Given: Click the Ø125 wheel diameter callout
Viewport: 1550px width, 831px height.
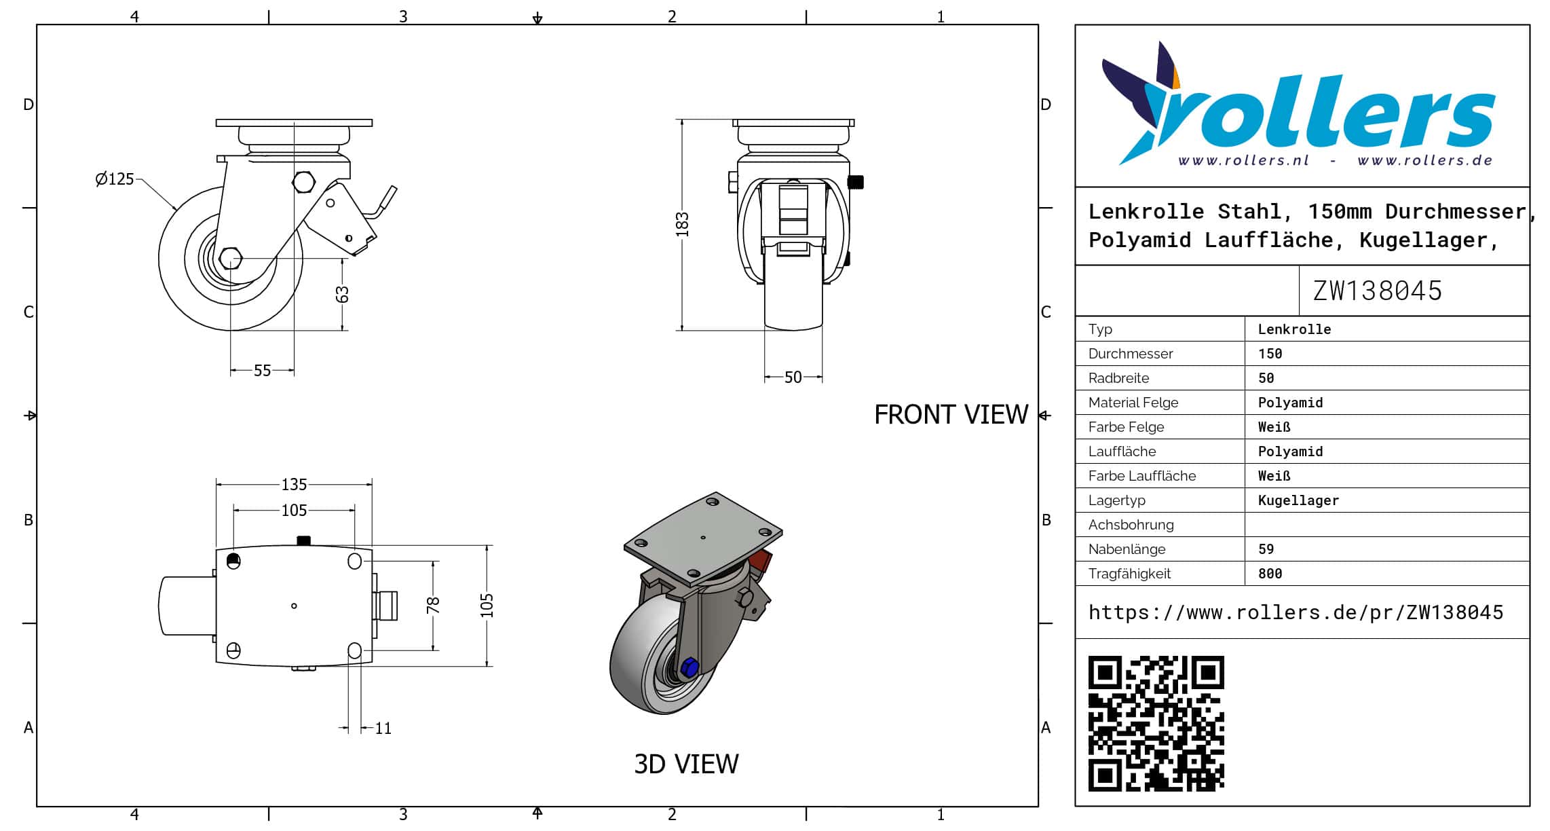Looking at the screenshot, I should [115, 179].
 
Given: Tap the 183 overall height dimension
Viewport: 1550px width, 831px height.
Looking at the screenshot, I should [682, 225].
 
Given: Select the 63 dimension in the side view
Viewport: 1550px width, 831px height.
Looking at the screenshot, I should [342, 295].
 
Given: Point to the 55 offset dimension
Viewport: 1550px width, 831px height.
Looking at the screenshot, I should [262, 371].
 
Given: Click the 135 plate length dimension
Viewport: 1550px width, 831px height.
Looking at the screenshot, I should [294, 484].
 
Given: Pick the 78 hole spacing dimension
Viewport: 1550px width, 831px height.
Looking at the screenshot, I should [433, 605].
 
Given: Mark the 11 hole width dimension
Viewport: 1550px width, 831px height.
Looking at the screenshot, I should [383, 728].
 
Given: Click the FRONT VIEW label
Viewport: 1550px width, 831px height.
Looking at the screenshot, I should [950, 415].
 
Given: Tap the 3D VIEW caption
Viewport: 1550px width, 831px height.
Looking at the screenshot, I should [686, 764].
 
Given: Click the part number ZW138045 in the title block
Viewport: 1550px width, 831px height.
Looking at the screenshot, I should [1377, 291].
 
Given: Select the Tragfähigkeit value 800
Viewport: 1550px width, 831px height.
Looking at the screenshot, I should [1270, 574].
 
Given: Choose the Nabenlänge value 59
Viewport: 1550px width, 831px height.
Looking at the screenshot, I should [1266, 549].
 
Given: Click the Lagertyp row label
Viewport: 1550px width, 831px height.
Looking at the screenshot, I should [1116, 500].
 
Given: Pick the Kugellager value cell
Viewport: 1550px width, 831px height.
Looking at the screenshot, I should [1298, 500].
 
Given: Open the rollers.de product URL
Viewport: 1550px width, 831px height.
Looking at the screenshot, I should [1296, 612].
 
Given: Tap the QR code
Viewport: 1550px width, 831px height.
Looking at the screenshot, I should [1156, 723].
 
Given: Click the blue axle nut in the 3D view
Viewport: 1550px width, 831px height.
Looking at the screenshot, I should [689, 667].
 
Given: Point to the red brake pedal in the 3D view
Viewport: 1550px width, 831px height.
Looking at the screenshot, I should [760, 561].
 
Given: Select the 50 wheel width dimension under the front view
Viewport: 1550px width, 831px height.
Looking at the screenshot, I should [793, 377].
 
